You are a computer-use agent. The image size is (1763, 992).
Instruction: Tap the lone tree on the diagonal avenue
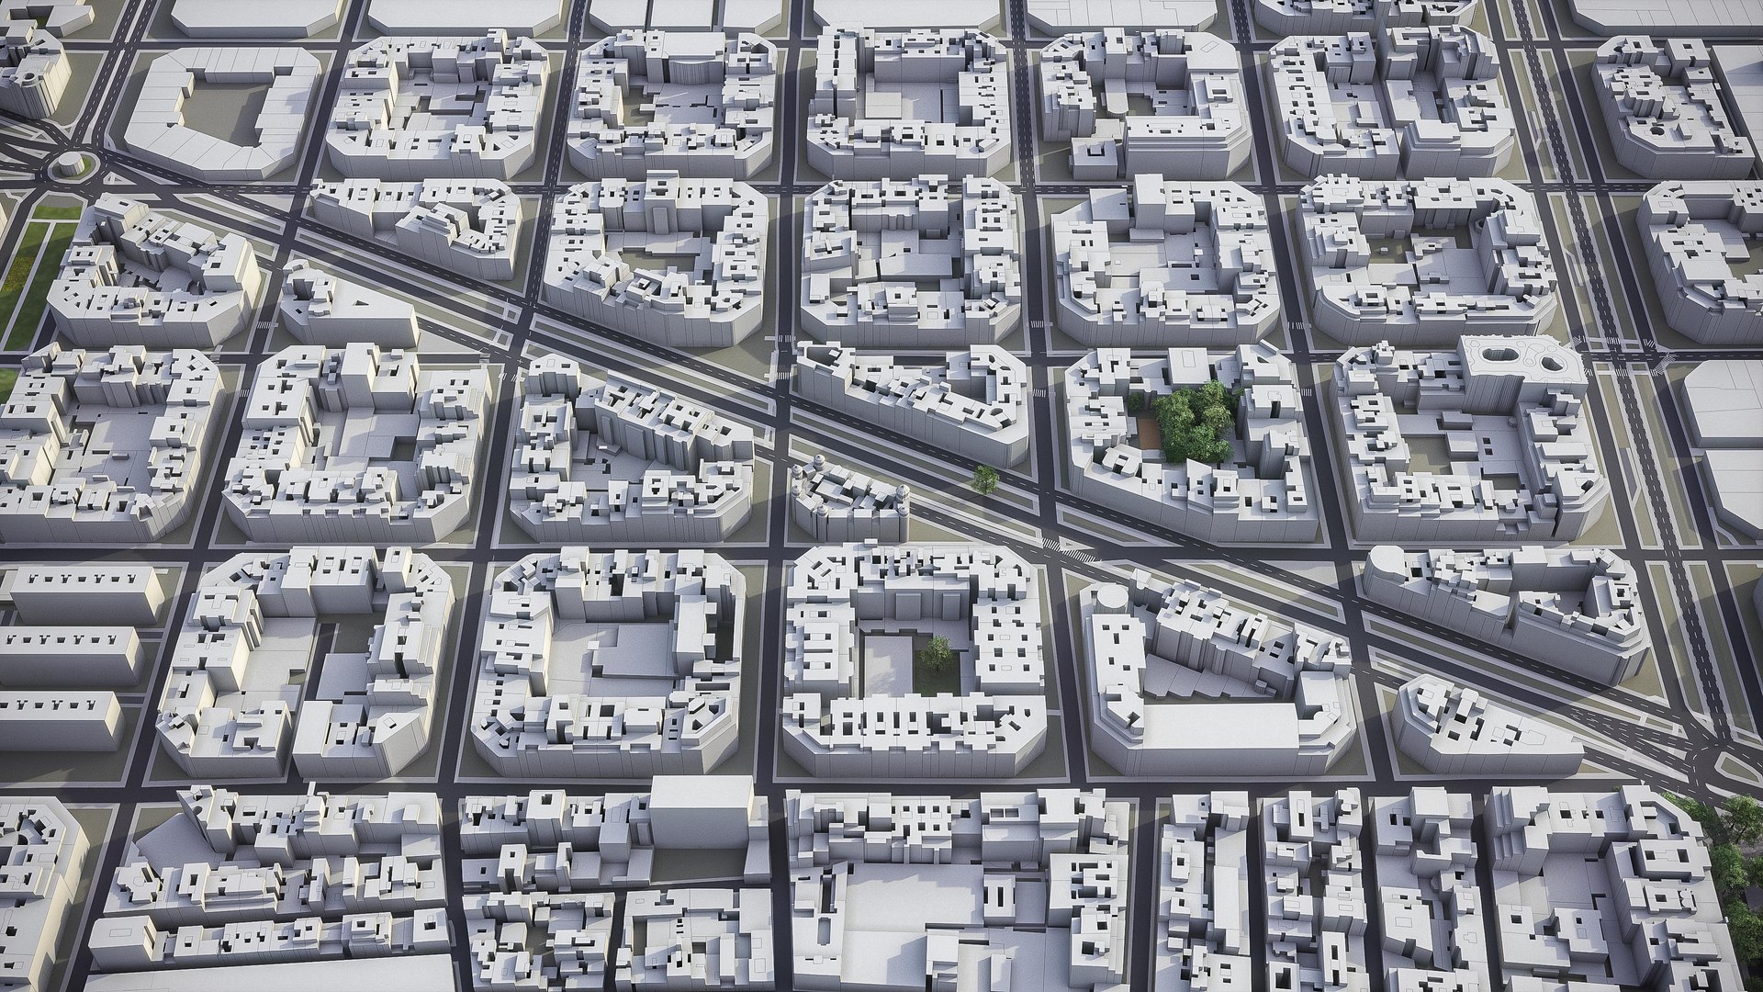point(985,478)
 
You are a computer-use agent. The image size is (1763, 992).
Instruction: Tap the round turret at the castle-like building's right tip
point(904,497)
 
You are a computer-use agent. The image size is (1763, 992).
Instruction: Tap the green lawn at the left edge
point(28,266)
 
